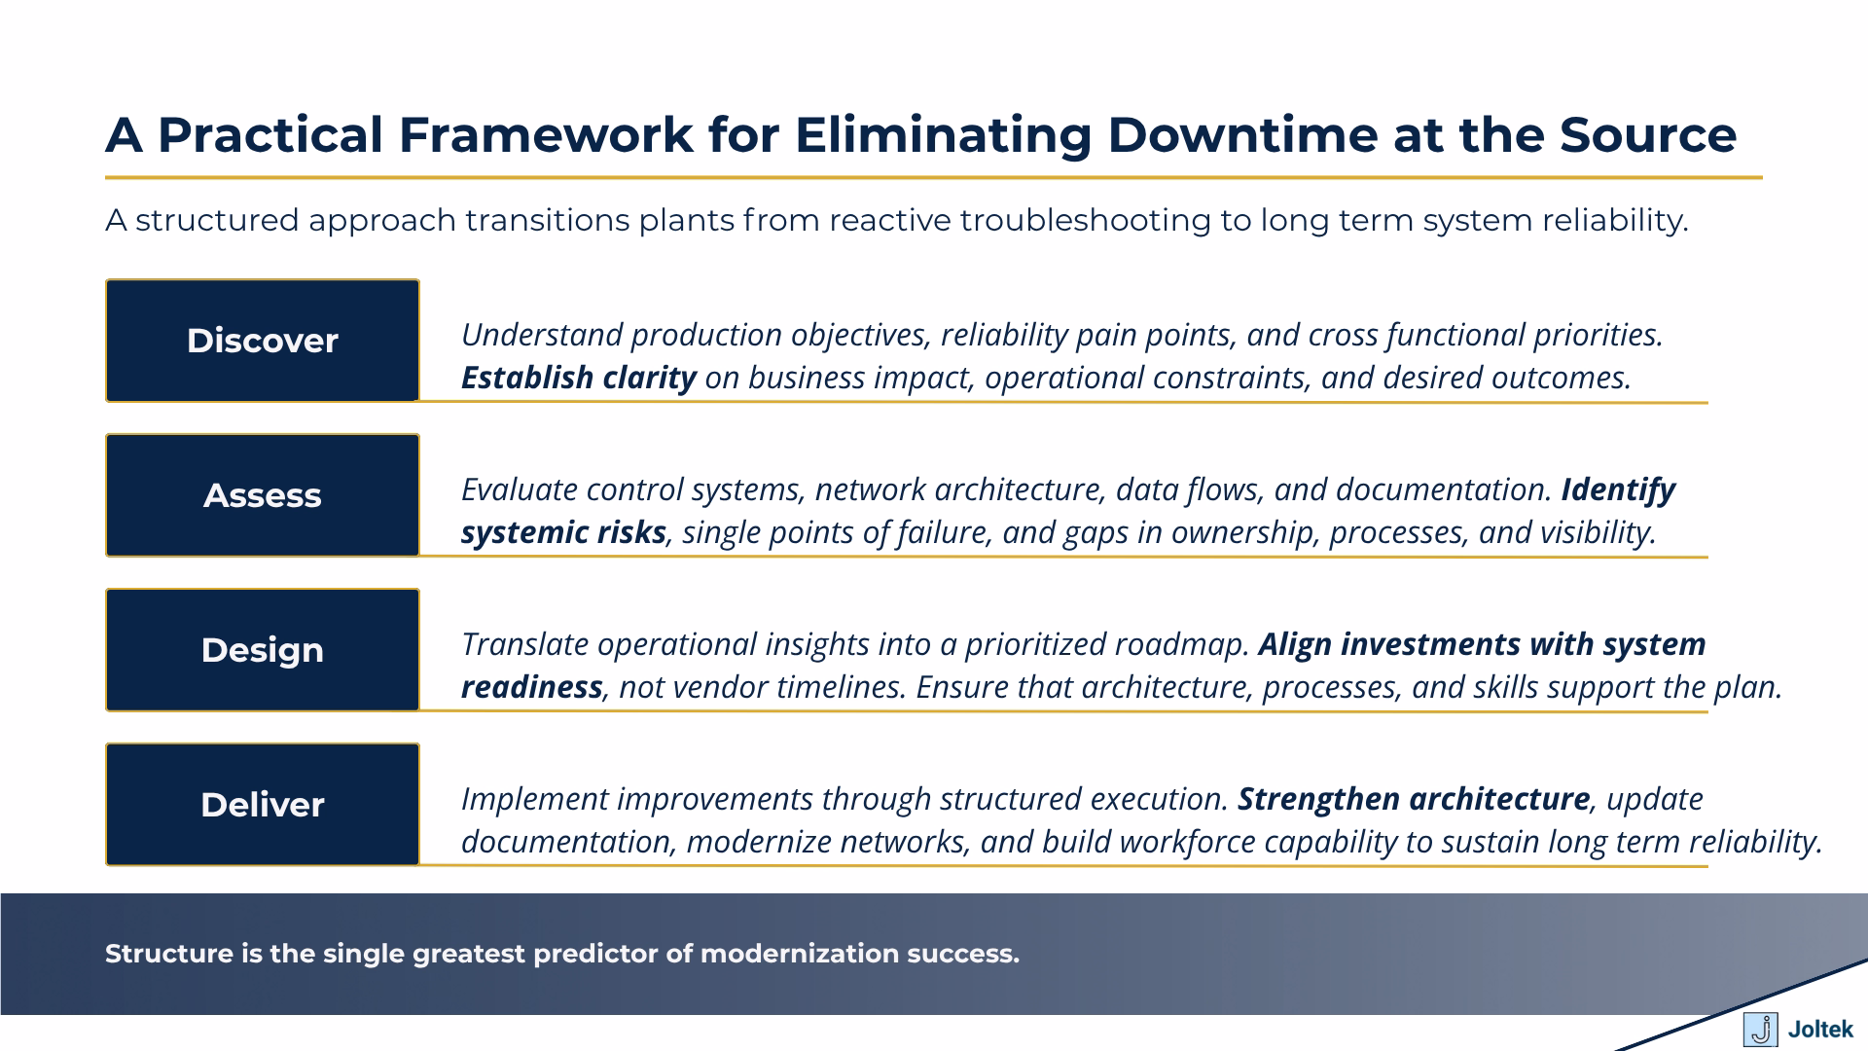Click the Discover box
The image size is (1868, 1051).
coord(262,341)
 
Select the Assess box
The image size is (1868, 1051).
coord(262,495)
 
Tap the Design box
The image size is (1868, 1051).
coord(262,650)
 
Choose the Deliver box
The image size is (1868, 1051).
coord(262,805)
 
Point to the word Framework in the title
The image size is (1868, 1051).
coord(545,134)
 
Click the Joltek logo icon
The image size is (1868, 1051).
coord(1759,1029)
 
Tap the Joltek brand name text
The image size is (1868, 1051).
coord(1819,1030)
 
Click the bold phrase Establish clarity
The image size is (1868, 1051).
coord(578,378)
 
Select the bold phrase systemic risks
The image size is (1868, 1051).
coord(563,532)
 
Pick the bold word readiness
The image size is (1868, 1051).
coord(531,687)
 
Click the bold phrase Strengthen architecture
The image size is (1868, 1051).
coord(1413,799)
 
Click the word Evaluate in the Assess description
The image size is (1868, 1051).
coord(520,489)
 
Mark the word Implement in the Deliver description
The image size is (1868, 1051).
coord(534,799)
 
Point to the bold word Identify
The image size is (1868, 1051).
coord(1617,489)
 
